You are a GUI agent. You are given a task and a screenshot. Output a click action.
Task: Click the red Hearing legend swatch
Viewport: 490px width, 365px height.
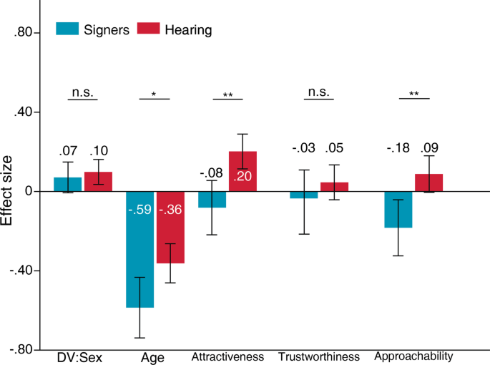tap(148, 29)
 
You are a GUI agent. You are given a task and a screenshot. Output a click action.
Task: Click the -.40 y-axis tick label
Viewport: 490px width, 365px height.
tap(21, 271)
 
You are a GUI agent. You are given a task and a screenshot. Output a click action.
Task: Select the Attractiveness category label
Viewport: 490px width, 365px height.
tap(227, 356)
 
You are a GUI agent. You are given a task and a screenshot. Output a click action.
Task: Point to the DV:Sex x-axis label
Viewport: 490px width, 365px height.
tap(79, 356)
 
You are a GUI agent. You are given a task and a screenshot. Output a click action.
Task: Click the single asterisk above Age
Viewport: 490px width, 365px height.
tap(154, 94)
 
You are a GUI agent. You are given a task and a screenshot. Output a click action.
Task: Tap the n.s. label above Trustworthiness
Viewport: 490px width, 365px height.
tap(318, 92)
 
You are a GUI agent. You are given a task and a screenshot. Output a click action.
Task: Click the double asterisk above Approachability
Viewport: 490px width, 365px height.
tap(413, 94)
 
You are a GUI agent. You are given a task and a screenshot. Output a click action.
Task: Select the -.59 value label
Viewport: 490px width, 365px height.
tap(139, 210)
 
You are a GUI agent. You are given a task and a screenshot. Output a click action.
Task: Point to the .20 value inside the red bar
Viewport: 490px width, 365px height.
tap(242, 177)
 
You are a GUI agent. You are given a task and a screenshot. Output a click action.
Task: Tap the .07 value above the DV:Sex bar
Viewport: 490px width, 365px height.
tap(67, 150)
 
